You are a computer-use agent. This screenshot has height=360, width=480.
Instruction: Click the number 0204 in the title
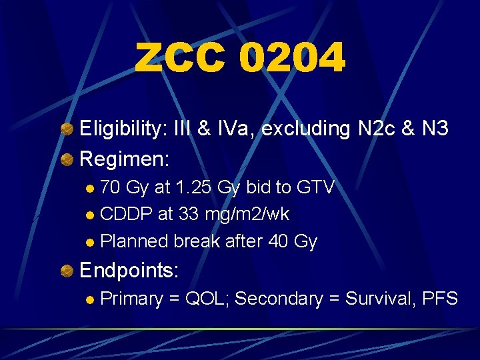point(292,58)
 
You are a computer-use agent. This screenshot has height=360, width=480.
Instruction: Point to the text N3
point(435,129)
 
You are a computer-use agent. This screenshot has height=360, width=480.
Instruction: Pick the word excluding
point(305,129)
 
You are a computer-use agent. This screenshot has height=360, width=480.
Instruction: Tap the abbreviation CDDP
point(124,214)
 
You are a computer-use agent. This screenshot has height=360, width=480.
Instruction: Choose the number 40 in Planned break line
point(279,241)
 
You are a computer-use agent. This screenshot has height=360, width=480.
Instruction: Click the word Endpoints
point(129,270)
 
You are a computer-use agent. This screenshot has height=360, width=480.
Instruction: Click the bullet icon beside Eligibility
point(67,129)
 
